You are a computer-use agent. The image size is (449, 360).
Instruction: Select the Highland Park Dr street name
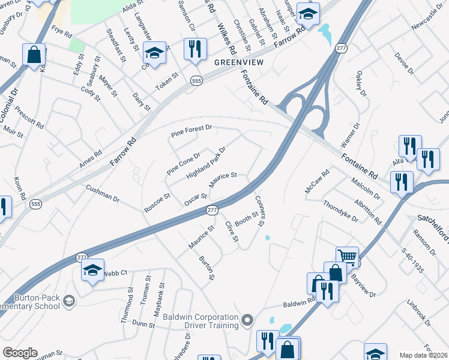pyautogui.click(x=206, y=163)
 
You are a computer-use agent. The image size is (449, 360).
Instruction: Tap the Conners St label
pyautogui.click(x=259, y=211)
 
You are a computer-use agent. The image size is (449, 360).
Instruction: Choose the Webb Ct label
pyautogui.click(x=116, y=273)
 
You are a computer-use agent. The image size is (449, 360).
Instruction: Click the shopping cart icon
pyautogui.click(x=347, y=257)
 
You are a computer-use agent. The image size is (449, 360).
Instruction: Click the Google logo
pyautogui.click(x=20, y=353)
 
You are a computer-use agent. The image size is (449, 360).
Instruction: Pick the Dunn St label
pyautogui.click(x=143, y=324)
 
